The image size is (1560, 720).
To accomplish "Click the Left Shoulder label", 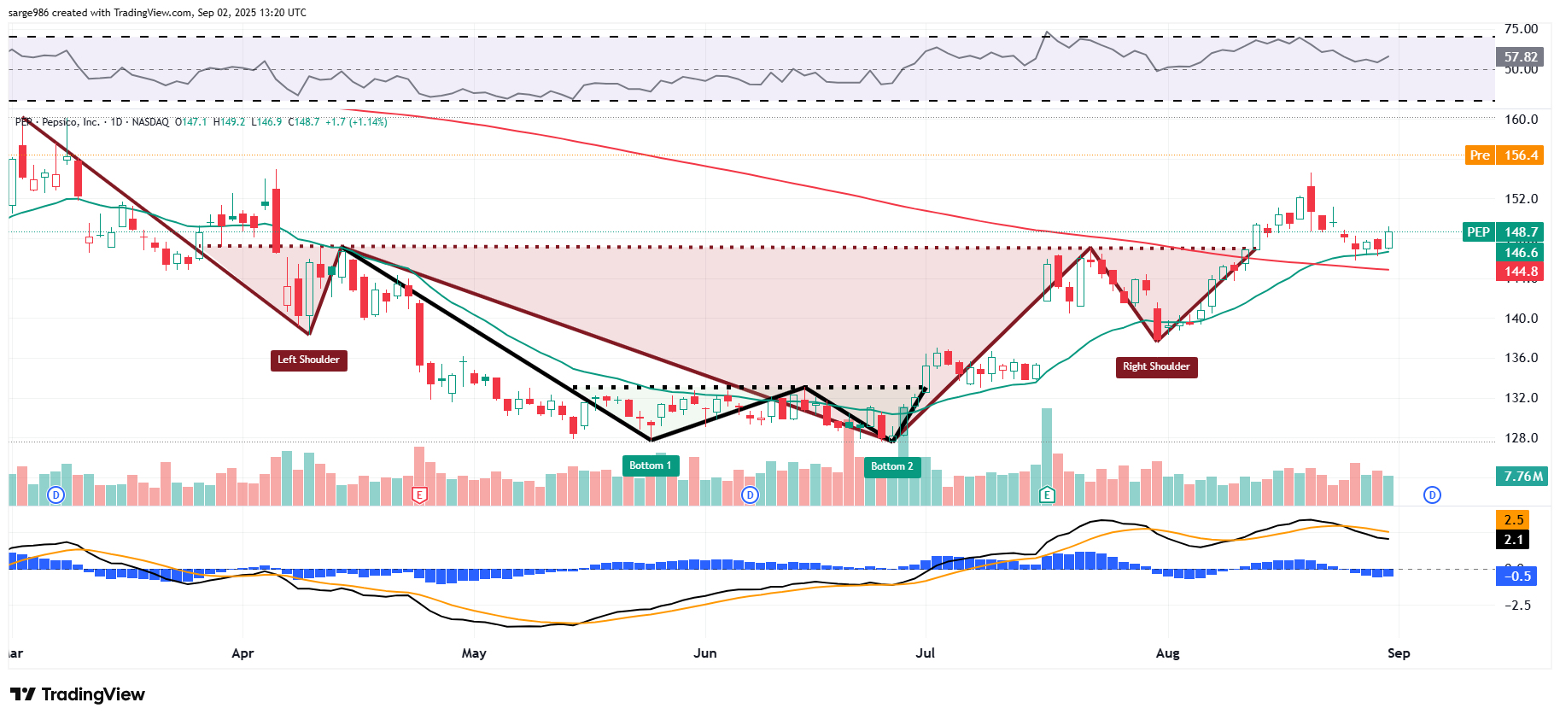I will pyautogui.click(x=308, y=360).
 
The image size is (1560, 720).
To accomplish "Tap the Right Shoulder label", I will pyautogui.click(x=1156, y=366).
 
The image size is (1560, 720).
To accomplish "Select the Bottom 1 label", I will pyautogui.click(x=651, y=465).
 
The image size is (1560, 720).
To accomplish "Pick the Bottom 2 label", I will pyautogui.click(x=891, y=466).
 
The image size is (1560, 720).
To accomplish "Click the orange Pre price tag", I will pyautogui.click(x=1504, y=155).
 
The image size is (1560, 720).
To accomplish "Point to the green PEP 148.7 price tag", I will pyautogui.click(x=1503, y=232).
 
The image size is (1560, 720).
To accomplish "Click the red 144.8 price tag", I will pyautogui.click(x=1520, y=272).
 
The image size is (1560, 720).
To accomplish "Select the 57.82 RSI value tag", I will pyautogui.click(x=1520, y=57).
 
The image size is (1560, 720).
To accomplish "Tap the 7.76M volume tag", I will pyautogui.click(x=1522, y=477).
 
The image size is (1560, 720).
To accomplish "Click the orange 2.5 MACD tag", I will pyautogui.click(x=1513, y=519).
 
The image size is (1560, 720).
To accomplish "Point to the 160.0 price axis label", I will pyautogui.click(x=1521, y=120).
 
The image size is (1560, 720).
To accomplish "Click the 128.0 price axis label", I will pyautogui.click(x=1521, y=438).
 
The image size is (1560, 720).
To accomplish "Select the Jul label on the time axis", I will pyautogui.click(x=925, y=653).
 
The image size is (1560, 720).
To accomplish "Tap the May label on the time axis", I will pyautogui.click(x=474, y=653).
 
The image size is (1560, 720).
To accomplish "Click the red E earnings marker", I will pyautogui.click(x=419, y=495).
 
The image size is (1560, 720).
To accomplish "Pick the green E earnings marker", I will pyautogui.click(x=1047, y=495).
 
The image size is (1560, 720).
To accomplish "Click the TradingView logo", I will pyautogui.click(x=78, y=694).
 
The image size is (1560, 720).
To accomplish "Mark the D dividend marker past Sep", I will pyautogui.click(x=1432, y=495).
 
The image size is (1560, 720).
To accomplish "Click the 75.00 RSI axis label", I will pyautogui.click(x=1521, y=29).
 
